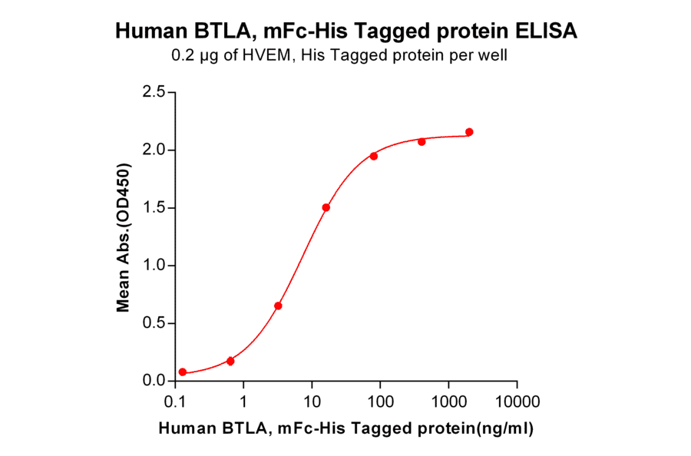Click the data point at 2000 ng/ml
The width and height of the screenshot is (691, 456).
469,132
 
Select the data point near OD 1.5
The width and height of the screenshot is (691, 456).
326,207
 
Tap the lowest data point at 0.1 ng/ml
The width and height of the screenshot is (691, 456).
183,372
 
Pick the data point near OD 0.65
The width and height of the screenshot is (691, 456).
278,306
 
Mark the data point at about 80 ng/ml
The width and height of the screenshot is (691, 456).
374,156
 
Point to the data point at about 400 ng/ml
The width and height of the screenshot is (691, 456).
422,141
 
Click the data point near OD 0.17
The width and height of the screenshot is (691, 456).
230,361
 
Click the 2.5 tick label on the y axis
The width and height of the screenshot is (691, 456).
154,92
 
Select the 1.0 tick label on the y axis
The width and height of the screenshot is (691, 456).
154,266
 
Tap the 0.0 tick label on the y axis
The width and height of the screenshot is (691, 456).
154,381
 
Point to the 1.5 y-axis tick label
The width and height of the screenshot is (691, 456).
154,208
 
